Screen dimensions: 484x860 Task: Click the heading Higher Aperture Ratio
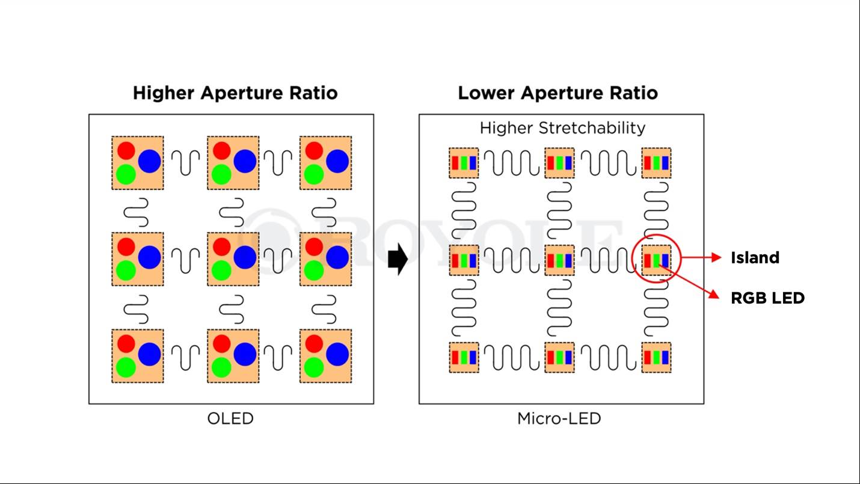coord(235,93)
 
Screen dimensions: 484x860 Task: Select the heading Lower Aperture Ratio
coord(557,93)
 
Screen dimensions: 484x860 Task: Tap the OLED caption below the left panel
coord(230,418)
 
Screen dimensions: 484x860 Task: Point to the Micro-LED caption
coord(559,418)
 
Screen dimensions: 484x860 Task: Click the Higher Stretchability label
coord(562,128)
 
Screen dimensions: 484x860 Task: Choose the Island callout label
coord(755,258)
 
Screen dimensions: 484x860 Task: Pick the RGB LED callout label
coord(767,298)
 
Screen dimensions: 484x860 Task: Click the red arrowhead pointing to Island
coord(716,258)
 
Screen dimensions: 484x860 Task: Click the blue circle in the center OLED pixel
coord(245,257)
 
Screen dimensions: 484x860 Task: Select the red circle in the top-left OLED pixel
coord(126,150)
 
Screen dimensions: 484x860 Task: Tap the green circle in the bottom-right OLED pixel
coord(313,366)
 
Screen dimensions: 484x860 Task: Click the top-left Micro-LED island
coord(464,163)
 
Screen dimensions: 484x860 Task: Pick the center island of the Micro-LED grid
coord(559,260)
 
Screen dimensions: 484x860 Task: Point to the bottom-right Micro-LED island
coord(656,357)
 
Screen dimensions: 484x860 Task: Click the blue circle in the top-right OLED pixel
coord(337,161)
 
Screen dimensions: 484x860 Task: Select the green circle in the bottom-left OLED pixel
coord(126,366)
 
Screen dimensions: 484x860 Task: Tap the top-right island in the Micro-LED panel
coord(656,163)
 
